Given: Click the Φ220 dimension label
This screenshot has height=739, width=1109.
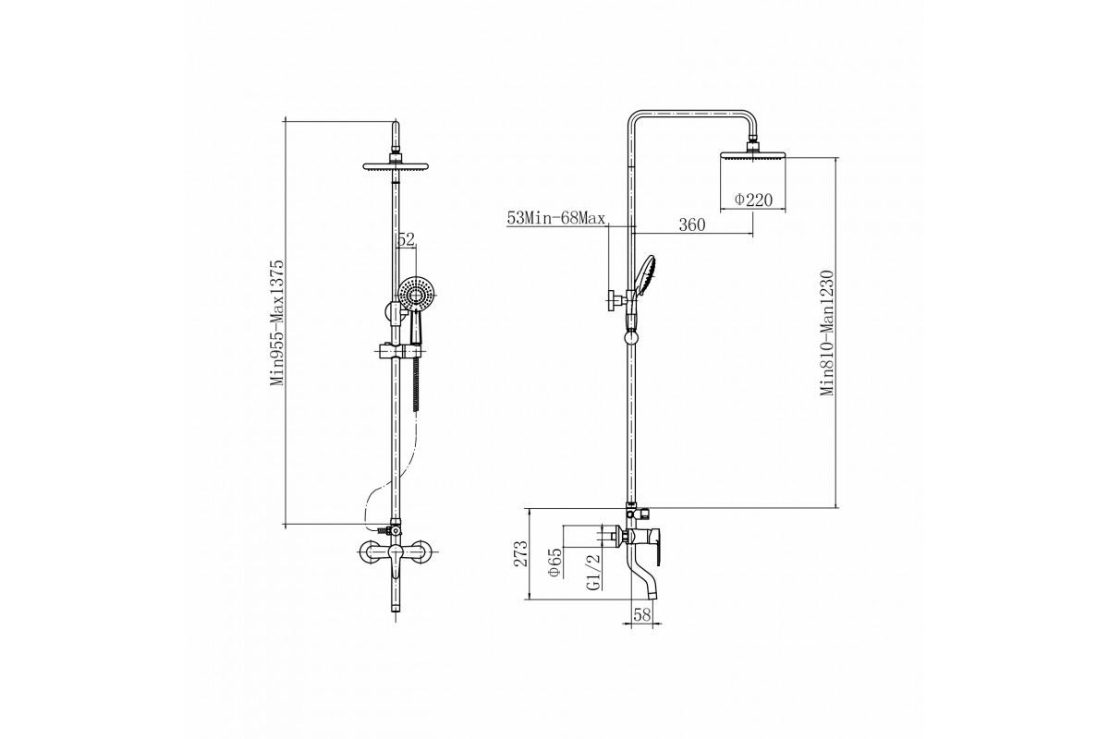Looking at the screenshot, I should click(753, 200).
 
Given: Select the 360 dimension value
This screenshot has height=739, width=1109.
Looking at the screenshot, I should click(692, 225).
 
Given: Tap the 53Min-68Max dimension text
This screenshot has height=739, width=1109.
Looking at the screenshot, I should click(555, 219).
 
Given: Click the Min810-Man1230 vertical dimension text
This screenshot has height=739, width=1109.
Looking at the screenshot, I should click(828, 333).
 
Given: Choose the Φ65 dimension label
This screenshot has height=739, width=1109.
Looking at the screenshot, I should click(554, 563).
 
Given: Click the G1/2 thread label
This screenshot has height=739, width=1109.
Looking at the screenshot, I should click(593, 571).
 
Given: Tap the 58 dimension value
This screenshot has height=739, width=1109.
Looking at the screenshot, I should click(643, 615).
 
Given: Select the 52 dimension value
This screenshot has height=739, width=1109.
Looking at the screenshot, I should click(406, 239).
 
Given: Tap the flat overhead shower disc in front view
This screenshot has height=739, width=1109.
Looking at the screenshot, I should click(396, 168).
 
